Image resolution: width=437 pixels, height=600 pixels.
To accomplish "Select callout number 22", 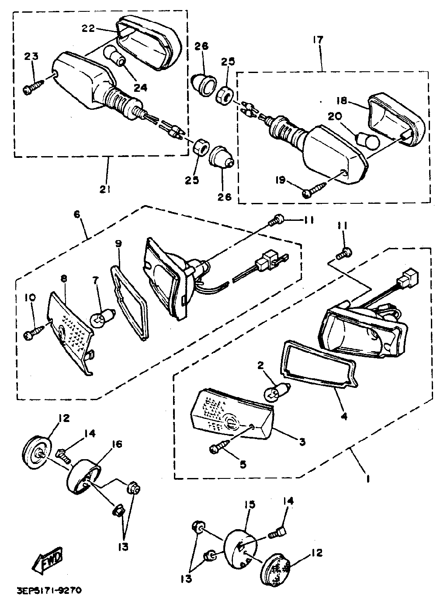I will pyautogui.click(x=88, y=28).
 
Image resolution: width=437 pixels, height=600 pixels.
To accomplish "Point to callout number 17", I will pyautogui.click(x=318, y=40).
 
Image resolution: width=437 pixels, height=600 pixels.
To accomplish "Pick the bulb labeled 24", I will pyautogui.click(x=114, y=57).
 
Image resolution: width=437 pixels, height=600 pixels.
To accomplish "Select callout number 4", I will pyautogui.click(x=344, y=416).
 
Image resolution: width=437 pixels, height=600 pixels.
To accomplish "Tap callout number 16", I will pyautogui.click(x=104, y=445).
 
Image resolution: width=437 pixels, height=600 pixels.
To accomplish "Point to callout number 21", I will pyautogui.click(x=105, y=189).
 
